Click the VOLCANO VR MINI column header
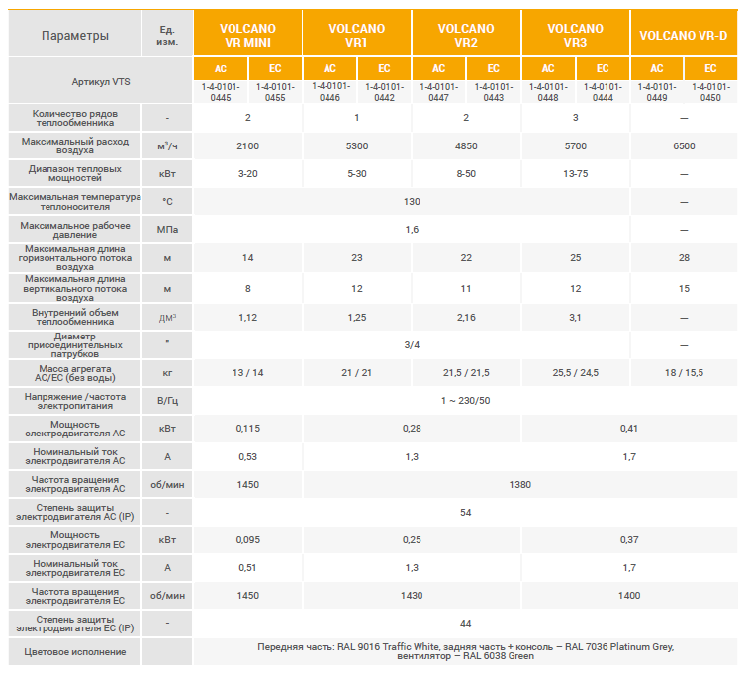tap(247, 36)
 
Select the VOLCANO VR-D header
tap(683, 36)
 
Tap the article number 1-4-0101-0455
tap(275, 92)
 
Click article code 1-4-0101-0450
tap(709, 92)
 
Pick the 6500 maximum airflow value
tap(684, 146)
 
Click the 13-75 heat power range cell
tap(575, 174)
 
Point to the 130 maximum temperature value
tap(412, 202)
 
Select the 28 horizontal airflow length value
tap(684, 258)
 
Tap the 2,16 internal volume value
tap(466, 318)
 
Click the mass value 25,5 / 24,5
tap(575, 373)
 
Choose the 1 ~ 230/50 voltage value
tap(466, 400)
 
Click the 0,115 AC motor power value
tap(247, 428)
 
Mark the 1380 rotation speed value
tap(519, 485)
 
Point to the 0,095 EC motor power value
tap(247, 539)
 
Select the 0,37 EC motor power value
tap(629, 539)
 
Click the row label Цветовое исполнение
tap(75, 652)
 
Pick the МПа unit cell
tap(167, 230)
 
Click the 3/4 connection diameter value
tap(412, 344)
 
